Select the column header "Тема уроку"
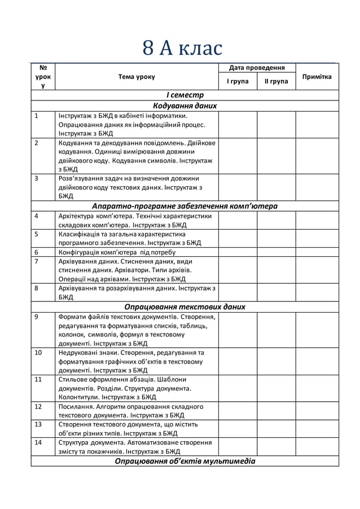(x=136, y=77)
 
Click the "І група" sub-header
(x=238, y=82)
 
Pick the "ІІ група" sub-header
(x=276, y=82)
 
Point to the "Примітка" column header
(x=317, y=77)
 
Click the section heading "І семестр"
(x=185, y=95)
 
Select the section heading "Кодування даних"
(x=185, y=105)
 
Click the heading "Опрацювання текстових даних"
(x=185, y=307)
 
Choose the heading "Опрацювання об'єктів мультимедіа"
(x=185, y=461)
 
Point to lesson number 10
(x=38, y=352)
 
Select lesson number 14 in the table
(x=38, y=442)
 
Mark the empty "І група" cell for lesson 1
(x=238, y=124)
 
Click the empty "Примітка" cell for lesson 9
(x=317, y=330)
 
